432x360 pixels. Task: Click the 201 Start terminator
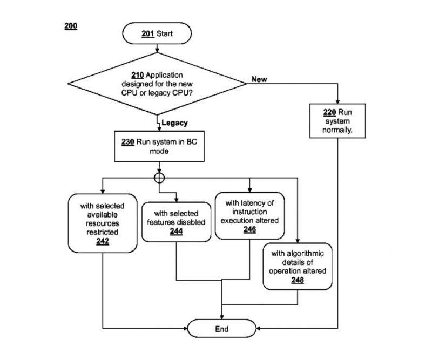point(157,33)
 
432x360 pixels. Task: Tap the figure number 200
point(71,25)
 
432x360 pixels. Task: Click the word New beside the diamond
point(259,79)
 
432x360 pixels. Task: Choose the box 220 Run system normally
point(338,122)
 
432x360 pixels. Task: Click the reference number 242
point(103,241)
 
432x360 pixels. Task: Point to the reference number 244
point(177,230)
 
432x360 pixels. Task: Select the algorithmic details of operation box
point(298,266)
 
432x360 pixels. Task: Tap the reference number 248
point(298,280)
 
